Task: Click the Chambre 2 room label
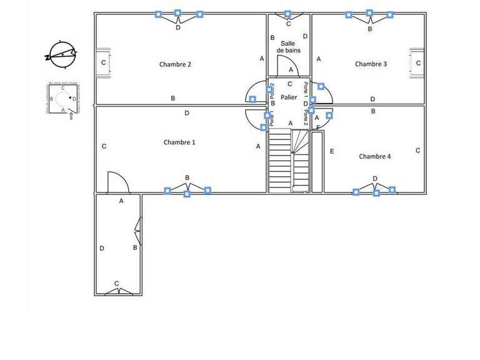point(175,64)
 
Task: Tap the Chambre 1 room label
point(179,142)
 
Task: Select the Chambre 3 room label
point(371,64)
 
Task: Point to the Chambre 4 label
point(375,156)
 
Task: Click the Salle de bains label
point(288,47)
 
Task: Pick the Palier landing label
point(289,97)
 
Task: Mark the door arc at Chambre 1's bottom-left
point(117,182)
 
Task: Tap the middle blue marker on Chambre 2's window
point(177,12)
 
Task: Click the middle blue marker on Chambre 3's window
point(369,12)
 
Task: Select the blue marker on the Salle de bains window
point(287,13)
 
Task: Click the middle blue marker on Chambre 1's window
point(187,194)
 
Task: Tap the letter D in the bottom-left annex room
point(102,248)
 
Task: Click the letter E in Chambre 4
point(332,151)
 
